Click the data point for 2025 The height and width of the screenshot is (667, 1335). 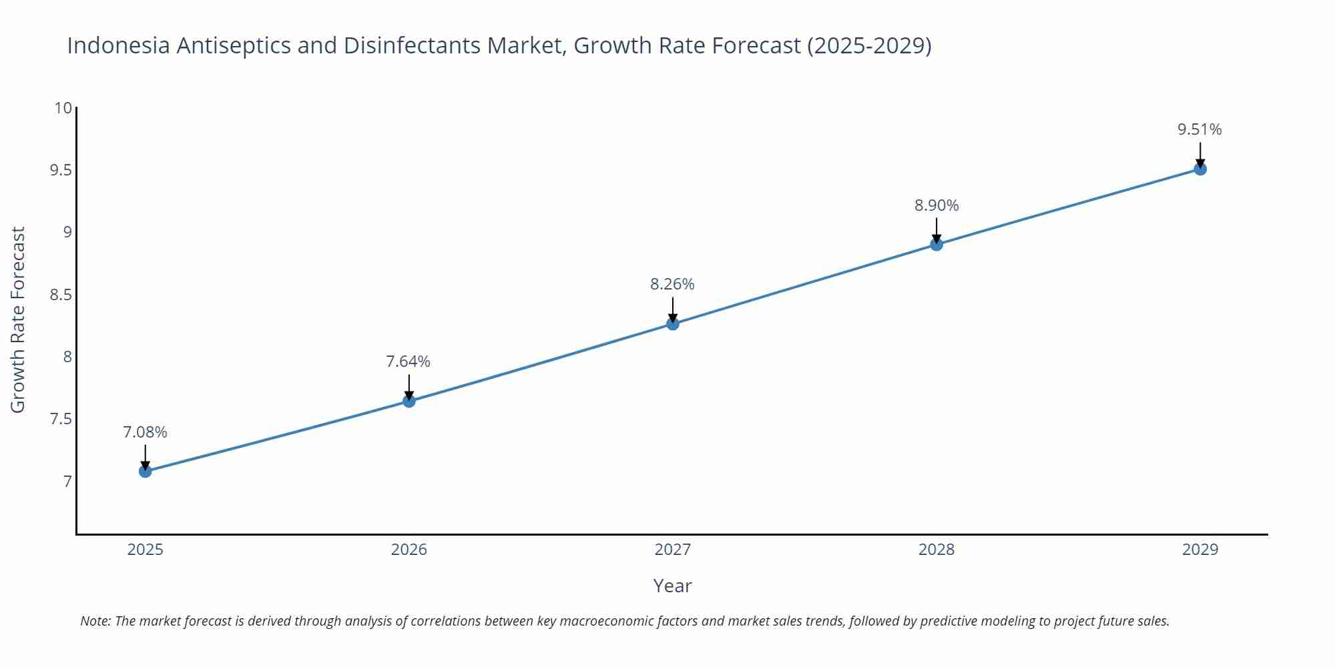coord(145,472)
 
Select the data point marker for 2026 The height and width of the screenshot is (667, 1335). coord(409,401)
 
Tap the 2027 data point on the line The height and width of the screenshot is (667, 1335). coord(673,324)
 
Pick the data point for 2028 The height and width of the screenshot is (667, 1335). coord(937,245)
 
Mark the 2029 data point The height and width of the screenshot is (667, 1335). coord(1200,169)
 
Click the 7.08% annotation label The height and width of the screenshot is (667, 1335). coord(145,432)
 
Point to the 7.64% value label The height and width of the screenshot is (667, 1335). coord(409,362)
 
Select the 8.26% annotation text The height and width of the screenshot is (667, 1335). coord(672,284)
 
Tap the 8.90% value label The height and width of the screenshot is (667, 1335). coord(937,205)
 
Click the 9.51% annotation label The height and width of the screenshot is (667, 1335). coord(1199,129)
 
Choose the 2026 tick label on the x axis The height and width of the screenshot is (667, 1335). coord(409,550)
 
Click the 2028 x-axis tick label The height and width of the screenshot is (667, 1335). coord(937,550)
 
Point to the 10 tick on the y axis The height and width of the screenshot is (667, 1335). coord(63,108)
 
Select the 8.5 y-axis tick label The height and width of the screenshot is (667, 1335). coord(61,295)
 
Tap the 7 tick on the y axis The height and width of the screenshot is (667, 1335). coord(67,482)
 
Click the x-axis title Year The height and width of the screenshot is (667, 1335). coord(672,586)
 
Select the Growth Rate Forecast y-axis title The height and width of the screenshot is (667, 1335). coord(18,319)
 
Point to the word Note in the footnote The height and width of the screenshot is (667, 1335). coord(95,621)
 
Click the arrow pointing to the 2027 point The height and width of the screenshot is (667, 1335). coord(673,309)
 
